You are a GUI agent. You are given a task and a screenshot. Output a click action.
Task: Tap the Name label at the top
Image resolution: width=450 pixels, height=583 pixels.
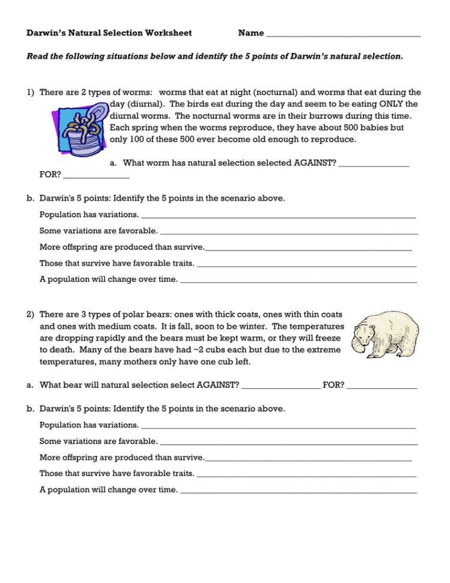(x=251, y=33)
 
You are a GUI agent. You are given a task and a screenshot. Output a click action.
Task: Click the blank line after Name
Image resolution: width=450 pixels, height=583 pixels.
(x=342, y=35)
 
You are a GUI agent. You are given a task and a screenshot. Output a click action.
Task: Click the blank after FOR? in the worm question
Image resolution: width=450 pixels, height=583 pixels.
(x=96, y=177)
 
